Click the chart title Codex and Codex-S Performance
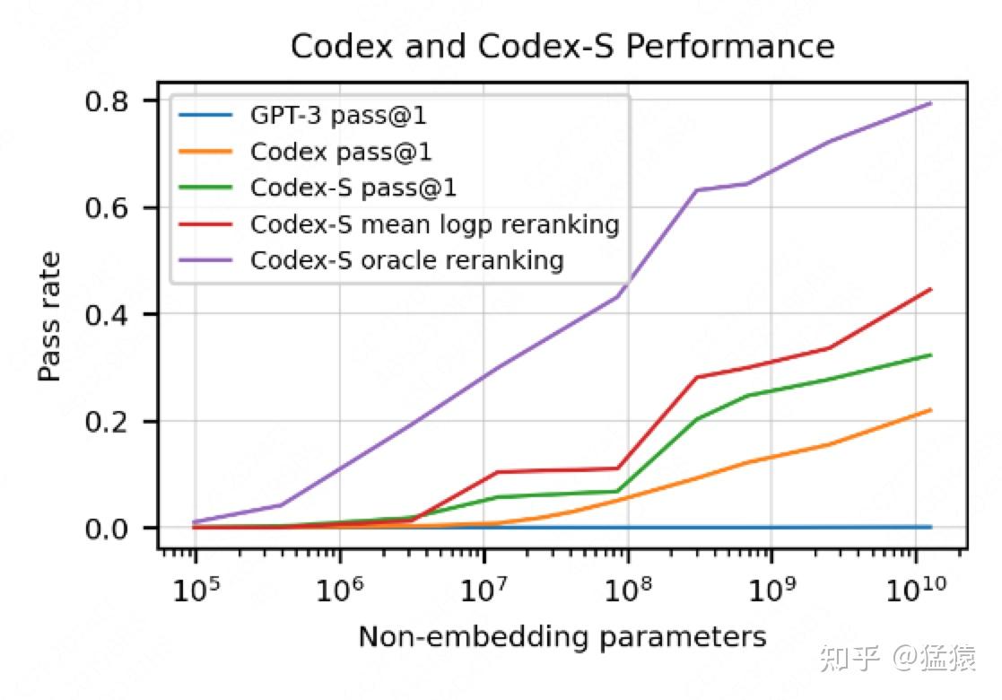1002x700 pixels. pos(562,47)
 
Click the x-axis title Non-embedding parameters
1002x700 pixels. pos(562,637)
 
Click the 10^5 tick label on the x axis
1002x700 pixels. pos(195,589)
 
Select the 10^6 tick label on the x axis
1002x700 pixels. pos(339,589)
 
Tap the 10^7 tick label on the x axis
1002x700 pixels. pos(484,589)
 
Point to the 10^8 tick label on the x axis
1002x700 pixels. pos(628,589)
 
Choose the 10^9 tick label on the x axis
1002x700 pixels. pos(771,589)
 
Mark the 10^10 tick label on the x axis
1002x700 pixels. pos(915,589)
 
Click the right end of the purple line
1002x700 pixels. pos(931,103)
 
